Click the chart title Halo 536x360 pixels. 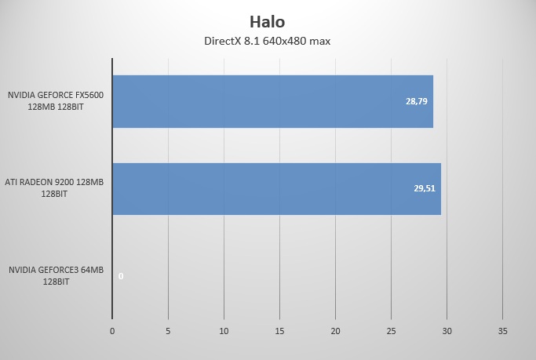(x=268, y=22)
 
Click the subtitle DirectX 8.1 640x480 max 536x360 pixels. (x=268, y=42)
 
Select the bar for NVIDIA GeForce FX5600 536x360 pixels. (x=273, y=101)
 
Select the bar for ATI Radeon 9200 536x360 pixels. (x=276, y=189)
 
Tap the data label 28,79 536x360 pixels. (x=417, y=101)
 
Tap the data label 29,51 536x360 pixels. (x=425, y=188)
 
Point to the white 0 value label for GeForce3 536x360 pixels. (x=121, y=276)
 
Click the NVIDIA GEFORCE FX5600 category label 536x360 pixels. (x=56, y=100)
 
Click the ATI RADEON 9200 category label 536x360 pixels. (x=54, y=188)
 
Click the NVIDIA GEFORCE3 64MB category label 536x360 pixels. (x=56, y=275)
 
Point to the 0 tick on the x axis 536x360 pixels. (x=112, y=331)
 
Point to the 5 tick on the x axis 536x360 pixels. (x=168, y=331)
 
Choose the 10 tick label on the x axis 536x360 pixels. (x=224, y=331)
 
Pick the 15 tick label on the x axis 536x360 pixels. (x=279, y=331)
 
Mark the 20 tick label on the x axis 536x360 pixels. (x=335, y=331)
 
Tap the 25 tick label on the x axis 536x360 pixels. (x=391, y=331)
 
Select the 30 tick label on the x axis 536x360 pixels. (x=447, y=331)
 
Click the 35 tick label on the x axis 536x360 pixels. (x=502, y=331)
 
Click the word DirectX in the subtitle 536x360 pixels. (x=222, y=42)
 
